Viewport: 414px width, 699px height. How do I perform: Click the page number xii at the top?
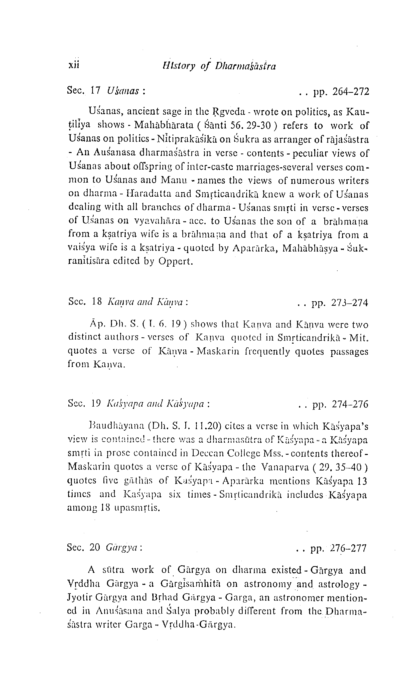click(x=74, y=65)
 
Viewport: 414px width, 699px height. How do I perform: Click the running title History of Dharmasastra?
click(x=219, y=66)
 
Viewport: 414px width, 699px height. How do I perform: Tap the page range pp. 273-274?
click(x=340, y=302)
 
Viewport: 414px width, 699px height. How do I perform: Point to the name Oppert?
click(x=175, y=261)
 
